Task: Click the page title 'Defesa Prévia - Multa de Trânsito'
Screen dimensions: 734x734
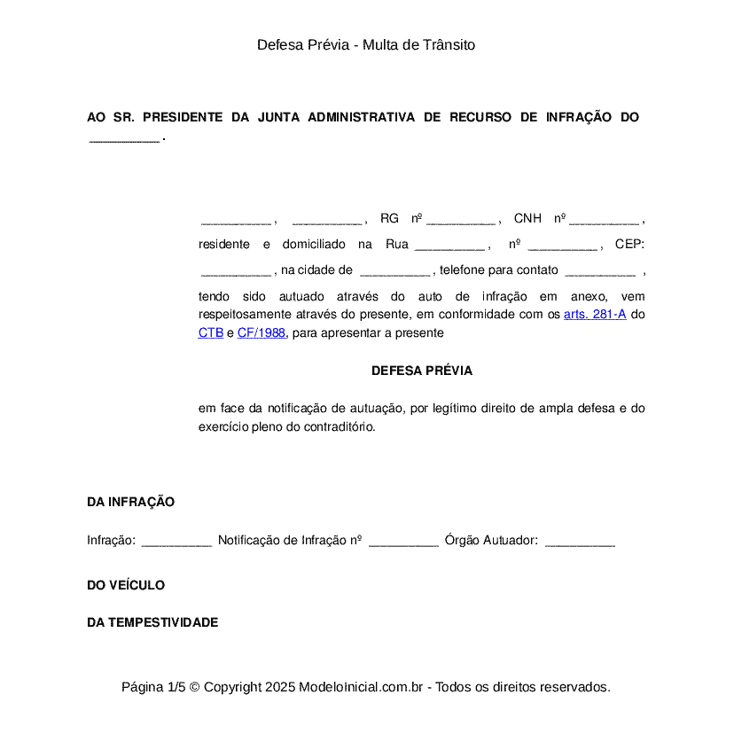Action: pos(366,44)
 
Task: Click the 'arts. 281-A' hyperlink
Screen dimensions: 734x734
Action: pos(595,315)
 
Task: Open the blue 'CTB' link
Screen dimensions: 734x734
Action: pos(211,333)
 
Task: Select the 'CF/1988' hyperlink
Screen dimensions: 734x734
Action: pos(262,333)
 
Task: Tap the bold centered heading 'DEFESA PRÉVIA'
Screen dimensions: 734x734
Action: pos(422,371)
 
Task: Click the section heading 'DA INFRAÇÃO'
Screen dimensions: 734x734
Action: pos(130,502)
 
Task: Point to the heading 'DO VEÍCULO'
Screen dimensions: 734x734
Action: pos(126,585)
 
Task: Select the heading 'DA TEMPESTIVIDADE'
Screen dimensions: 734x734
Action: pos(152,622)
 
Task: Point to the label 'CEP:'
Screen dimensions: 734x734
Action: pos(629,244)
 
